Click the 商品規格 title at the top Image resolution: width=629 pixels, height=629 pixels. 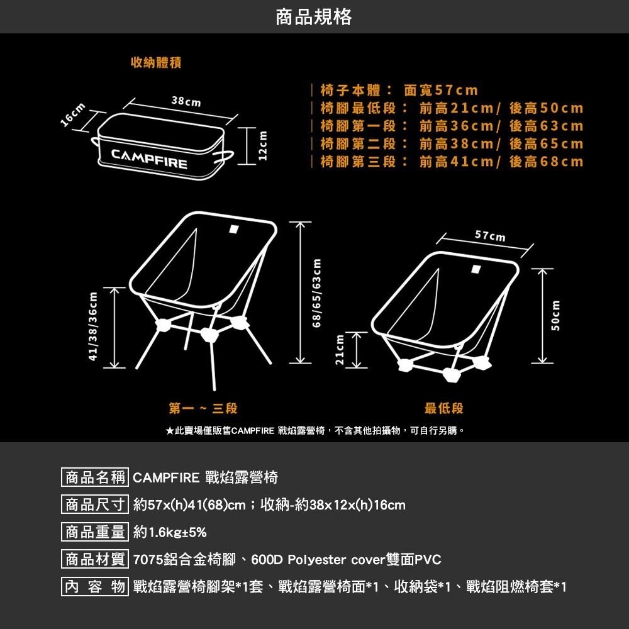pos(314,17)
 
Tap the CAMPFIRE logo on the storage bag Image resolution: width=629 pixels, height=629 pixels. pos(149,159)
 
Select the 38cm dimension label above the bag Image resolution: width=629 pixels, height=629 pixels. pos(186,101)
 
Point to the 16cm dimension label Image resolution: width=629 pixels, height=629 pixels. pos(73,114)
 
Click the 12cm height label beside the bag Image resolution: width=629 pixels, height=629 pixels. pos(263,146)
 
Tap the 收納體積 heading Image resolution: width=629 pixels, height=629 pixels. pos(156,62)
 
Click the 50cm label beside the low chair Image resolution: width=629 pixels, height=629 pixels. pos(555,316)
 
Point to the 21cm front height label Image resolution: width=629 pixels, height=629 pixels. pos(340,350)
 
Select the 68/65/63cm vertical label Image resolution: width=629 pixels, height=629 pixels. pos(317,292)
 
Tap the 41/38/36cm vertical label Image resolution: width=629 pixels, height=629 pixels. pos(93,326)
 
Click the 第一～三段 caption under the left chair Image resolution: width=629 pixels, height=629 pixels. pos(203,408)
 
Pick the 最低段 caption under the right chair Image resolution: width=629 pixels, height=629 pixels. pos(443,408)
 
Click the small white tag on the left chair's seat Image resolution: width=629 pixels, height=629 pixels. pos(233,229)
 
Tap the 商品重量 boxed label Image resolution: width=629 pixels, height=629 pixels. pos(95,532)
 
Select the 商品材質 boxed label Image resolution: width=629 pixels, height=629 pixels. pos(95,559)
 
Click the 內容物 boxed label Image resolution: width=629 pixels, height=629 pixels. pos(95,586)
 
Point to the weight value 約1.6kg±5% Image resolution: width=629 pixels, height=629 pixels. pos(170,532)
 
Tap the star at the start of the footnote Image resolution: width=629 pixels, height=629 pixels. pos(169,431)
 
